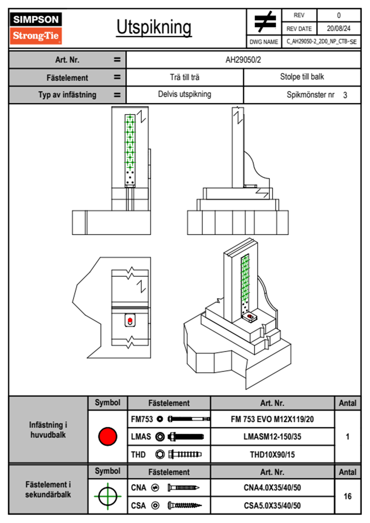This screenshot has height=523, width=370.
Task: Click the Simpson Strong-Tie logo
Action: click(36, 28)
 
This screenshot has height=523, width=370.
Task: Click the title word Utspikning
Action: click(154, 28)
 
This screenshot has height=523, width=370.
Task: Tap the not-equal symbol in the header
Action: click(265, 21)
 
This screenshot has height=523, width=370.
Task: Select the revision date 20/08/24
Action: click(339, 29)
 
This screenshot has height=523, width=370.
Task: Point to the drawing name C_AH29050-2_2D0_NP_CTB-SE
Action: click(321, 42)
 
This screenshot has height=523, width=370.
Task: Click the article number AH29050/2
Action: click(243, 60)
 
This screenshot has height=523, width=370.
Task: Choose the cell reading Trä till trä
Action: click(185, 77)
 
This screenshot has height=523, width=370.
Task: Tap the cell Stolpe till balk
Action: click(302, 76)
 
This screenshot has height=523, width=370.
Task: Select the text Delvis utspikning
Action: click(185, 94)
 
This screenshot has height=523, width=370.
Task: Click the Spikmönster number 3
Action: click(345, 95)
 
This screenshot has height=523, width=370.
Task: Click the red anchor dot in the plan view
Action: click(130, 320)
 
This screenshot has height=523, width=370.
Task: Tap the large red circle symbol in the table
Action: click(108, 436)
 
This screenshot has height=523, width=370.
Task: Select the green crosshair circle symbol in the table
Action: click(108, 496)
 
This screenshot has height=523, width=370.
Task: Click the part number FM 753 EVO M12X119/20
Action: click(272, 419)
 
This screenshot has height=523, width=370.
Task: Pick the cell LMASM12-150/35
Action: click(272, 436)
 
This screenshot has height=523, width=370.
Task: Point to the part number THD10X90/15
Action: click(272, 454)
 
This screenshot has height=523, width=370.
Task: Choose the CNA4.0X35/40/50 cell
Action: click(272, 488)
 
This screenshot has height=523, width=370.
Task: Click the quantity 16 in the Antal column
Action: click(348, 496)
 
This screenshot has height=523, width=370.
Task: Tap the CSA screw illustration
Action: click(184, 506)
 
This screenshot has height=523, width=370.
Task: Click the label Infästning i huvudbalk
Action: click(48, 430)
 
